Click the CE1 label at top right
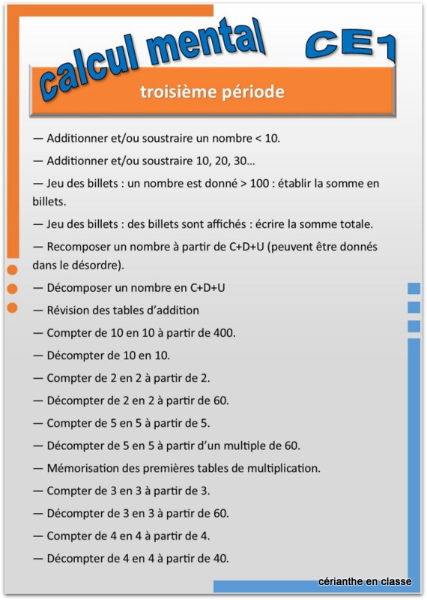(x=351, y=46)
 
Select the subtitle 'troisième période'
(x=212, y=92)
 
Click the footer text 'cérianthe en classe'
(x=365, y=581)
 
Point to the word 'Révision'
(x=71, y=310)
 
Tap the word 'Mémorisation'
(x=85, y=468)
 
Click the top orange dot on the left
(x=12, y=270)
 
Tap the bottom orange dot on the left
(x=12, y=307)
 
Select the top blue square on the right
(x=414, y=288)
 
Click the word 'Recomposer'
(x=79, y=246)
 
